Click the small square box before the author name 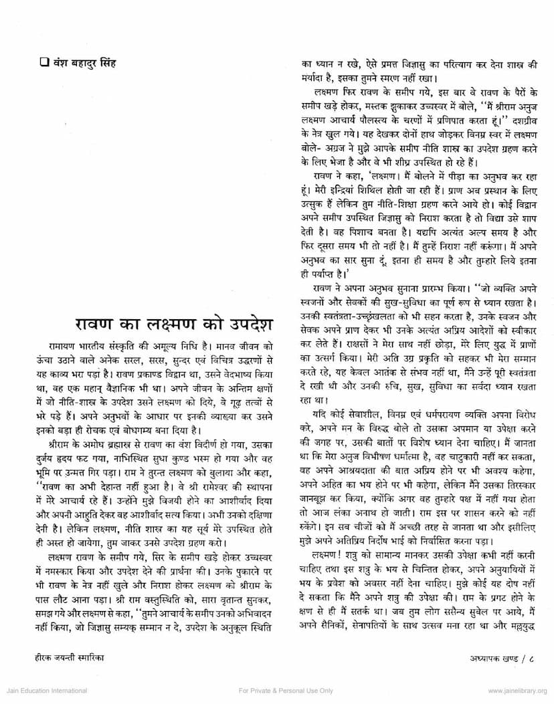44,66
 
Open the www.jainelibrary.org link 518,691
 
